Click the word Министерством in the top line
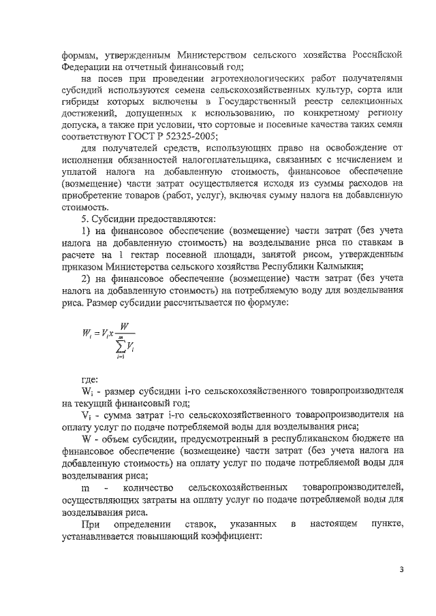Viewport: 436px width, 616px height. pyautogui.click(x=211, y=54)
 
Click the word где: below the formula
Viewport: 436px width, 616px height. pyautogui.click(x=89, y=379)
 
